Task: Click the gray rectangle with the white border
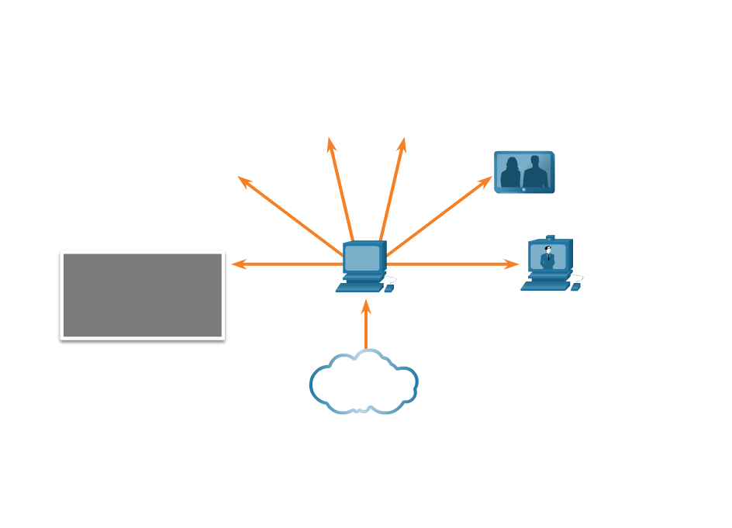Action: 143,295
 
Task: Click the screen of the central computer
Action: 362,257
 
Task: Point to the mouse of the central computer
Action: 389,288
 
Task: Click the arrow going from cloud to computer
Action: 366,326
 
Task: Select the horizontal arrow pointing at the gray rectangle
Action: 287,264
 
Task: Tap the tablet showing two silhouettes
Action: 524,172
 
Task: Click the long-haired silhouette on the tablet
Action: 510,174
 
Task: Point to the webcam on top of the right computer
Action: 551,237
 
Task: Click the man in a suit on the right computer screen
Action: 547,257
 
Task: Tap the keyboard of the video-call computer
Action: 545,286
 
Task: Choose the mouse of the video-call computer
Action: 575,288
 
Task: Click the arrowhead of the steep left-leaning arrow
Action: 330,144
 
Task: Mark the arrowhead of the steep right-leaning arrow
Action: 402,144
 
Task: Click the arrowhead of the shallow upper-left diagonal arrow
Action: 243,180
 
